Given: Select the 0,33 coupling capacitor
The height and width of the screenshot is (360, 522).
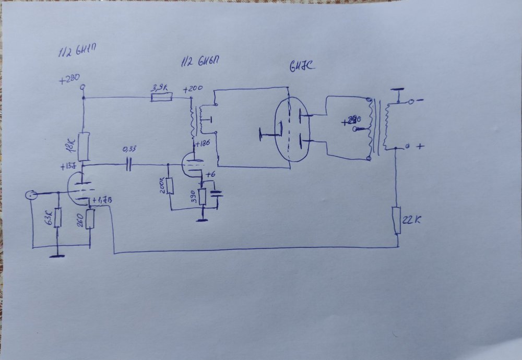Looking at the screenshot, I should coord(128,165).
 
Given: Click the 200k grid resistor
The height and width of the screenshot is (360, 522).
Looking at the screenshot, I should coord(169,186).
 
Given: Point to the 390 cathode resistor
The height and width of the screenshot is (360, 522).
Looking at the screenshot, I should coord(203,197).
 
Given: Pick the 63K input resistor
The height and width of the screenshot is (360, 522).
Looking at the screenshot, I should coord(57,219).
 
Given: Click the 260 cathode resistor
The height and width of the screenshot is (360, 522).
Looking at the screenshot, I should coord(90,219).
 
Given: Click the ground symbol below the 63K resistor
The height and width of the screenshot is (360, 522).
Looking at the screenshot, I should coord(57,255).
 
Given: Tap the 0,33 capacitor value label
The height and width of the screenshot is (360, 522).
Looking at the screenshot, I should coord(128,149).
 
